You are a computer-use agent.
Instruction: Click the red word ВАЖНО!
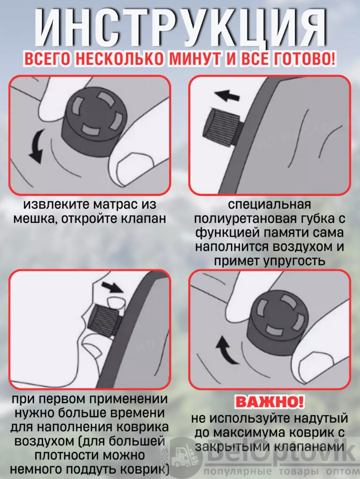coord(270,402)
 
